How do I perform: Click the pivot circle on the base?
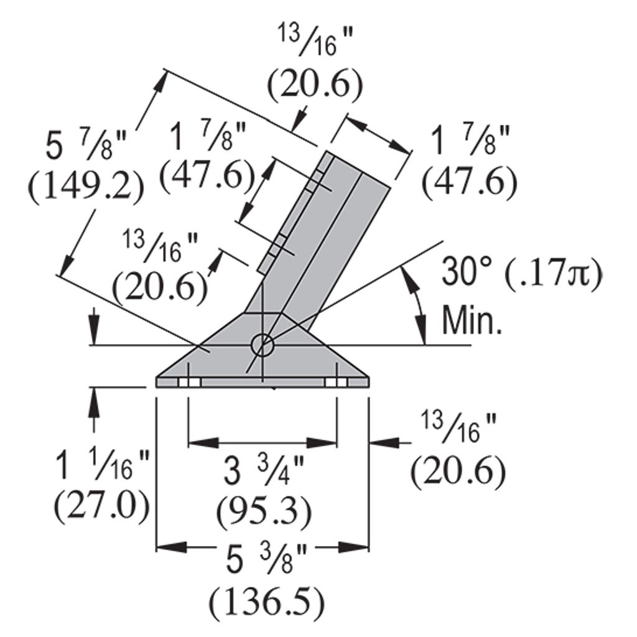(263, 345)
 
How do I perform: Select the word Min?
(472, 320)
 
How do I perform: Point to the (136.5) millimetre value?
(267, 602)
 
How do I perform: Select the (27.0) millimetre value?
(102, 506)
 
